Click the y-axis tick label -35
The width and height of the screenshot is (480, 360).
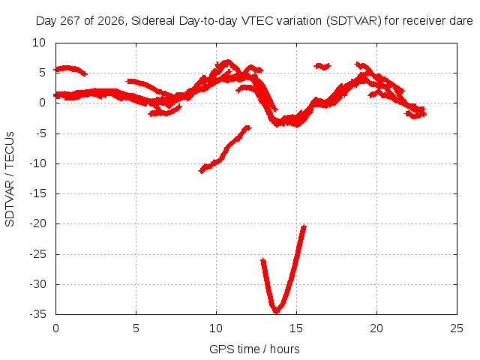pos(38,314)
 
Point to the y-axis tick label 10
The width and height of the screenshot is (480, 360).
pos(39,43)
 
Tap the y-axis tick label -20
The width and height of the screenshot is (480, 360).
pos(38,223)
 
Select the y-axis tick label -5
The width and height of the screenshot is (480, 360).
pos(40,133)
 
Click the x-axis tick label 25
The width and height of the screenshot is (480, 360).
pos(457,328)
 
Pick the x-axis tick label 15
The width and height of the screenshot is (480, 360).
pos(296,328)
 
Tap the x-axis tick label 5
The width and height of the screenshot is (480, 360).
pos(136,328)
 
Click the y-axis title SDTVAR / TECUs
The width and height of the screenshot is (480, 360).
pos(10,179)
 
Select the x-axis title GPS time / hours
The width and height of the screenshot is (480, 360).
pos(254,349)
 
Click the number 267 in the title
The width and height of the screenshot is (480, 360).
pos(70,21)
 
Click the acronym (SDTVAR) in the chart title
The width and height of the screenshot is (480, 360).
pos(353,21)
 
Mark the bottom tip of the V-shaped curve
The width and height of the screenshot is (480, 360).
pos(276,312)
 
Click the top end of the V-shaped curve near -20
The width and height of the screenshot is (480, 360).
pos(304,226)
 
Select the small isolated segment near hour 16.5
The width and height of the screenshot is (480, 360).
pos(322,66)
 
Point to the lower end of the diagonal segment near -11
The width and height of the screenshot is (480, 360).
pos(202,171)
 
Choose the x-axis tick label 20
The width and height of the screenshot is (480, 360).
pos(376,328)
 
